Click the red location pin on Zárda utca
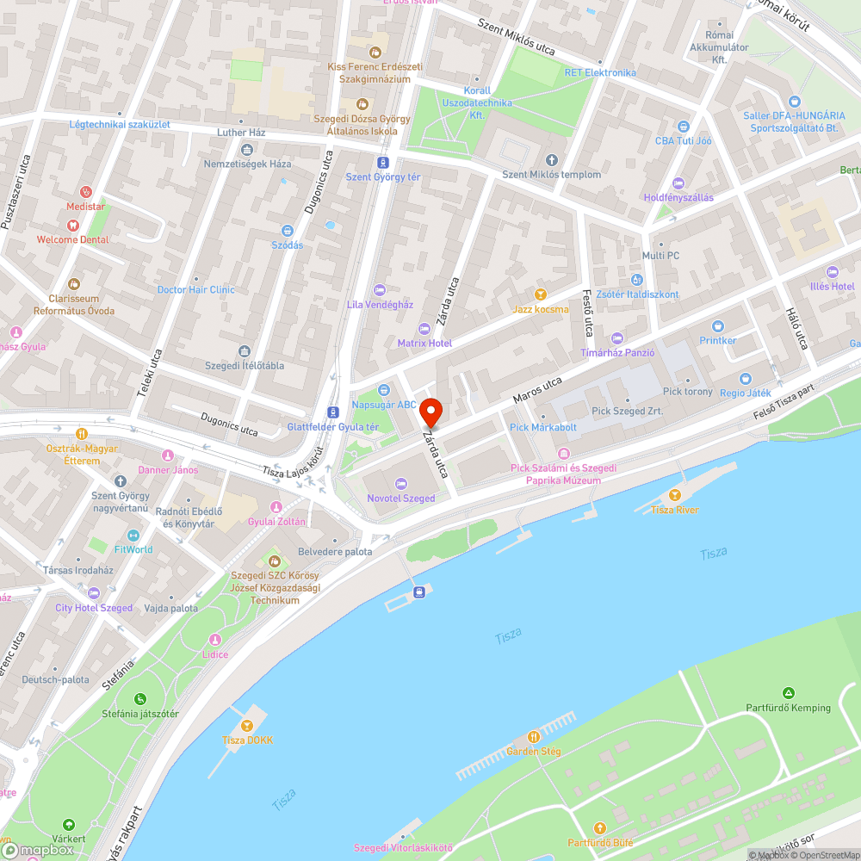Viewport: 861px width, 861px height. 430,412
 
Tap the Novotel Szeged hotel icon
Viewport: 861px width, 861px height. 400,483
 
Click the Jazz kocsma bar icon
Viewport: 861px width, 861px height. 541,294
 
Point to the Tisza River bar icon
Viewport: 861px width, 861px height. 674,495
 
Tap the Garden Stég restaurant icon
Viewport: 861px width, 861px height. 533,737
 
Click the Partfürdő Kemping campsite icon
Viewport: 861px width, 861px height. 788,693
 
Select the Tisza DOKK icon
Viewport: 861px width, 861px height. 248,726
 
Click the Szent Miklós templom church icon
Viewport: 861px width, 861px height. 552,160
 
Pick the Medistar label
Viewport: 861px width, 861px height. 85,207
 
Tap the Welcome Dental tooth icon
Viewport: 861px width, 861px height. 72,225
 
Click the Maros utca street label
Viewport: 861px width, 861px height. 537,390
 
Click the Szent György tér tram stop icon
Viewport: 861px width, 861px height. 382,162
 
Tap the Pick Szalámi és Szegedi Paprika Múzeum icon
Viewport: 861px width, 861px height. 563,453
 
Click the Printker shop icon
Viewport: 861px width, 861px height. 718,325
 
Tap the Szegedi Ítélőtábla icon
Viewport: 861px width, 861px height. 245,350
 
